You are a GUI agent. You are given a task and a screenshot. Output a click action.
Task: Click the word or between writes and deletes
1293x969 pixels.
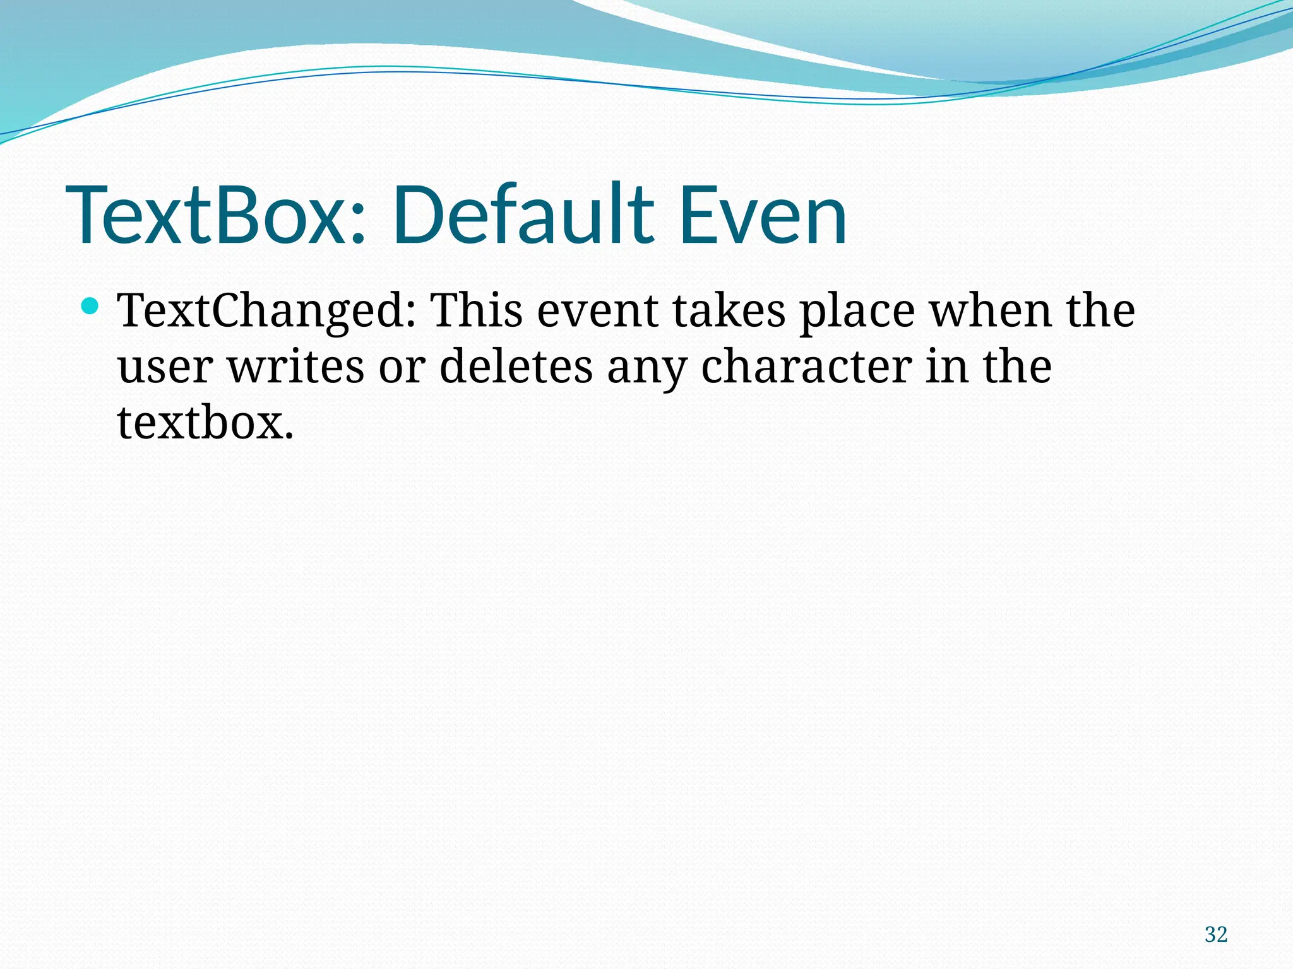tap(402, 368)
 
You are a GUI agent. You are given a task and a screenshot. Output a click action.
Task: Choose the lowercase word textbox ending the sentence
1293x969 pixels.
tap(205, 423)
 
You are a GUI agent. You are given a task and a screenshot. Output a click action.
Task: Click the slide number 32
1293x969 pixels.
tap(1215, 934)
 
